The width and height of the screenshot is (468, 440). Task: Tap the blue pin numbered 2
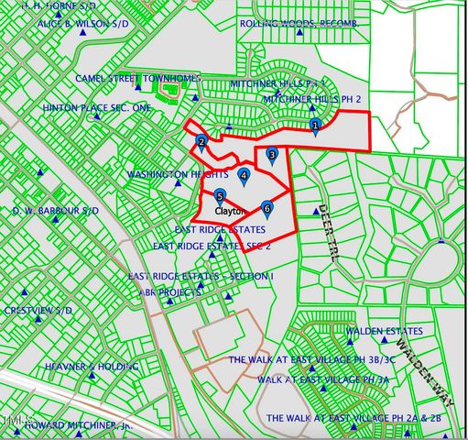point(201,142)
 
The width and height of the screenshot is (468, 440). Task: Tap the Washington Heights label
point(177,173)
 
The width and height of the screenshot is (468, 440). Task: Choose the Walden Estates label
point(384,331)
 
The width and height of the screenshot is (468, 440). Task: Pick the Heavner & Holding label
point(92,366)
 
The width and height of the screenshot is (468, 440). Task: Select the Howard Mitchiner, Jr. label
point(79,426)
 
